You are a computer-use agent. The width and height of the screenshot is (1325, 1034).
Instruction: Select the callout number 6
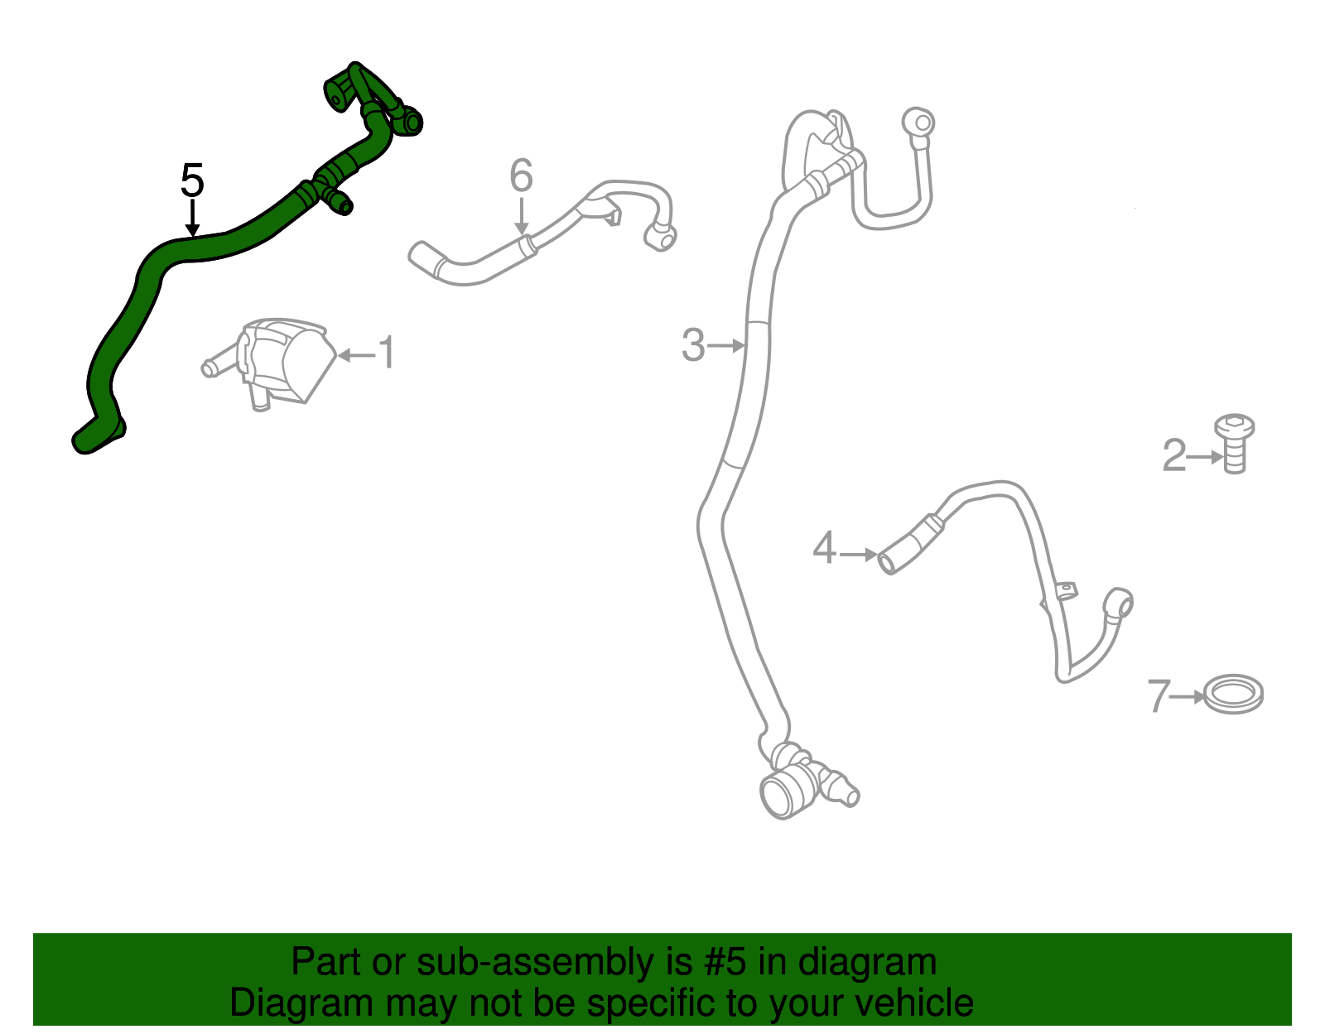[522, 175]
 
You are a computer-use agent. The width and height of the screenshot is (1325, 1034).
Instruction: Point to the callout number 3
[693, 345]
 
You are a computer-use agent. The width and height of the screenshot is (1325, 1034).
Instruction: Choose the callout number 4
[824, 548]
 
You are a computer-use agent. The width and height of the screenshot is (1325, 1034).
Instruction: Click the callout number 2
[1174, 455]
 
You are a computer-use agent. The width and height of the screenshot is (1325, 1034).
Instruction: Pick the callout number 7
[1159, 696]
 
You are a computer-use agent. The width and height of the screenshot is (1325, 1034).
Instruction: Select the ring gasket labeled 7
[1234, 694]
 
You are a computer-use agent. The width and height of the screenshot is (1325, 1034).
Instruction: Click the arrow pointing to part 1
[357, 354]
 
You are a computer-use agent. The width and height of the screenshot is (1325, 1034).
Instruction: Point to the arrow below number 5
[192, 218]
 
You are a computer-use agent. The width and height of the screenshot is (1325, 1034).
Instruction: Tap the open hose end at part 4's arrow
[887, 562]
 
